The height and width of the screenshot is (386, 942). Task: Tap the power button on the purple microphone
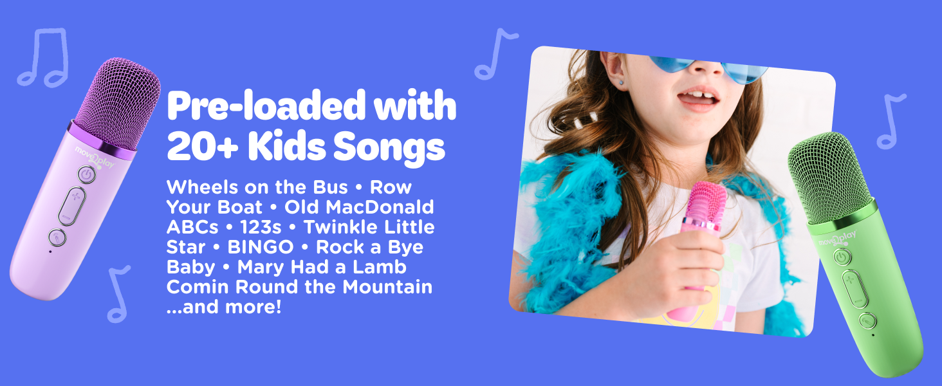click(86, 174)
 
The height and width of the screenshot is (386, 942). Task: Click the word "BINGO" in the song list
click(260, 246)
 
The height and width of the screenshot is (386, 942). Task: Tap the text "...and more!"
click(224, 306)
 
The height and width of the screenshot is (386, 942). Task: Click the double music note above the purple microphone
click(43, 57)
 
